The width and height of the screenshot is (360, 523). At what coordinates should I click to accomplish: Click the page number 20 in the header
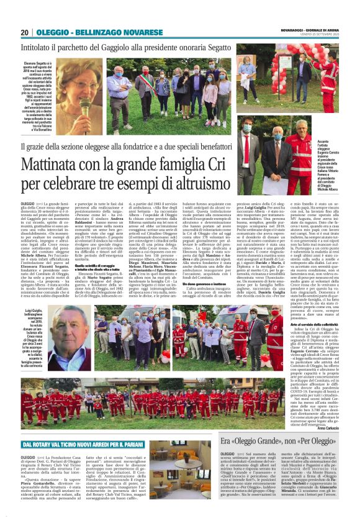click(24, 32)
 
